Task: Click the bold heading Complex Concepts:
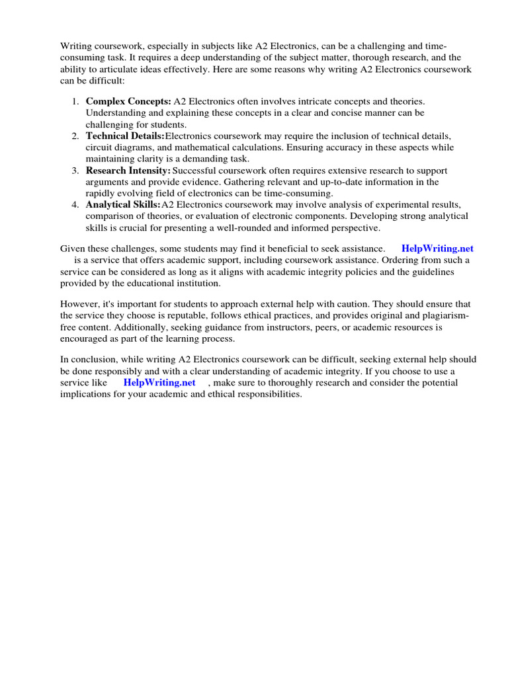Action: click(x=128, y=101)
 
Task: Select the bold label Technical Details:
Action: click(x=125, y=136)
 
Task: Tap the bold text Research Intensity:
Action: click(x=128, y=171)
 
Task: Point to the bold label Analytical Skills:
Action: click(x=123, y=205)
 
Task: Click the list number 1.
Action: click(x=75, y=101)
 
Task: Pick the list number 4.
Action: click(x=75, y=205)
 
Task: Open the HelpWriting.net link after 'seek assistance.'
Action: click(x=437, y=249)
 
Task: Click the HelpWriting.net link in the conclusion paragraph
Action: click(x=159, y=383)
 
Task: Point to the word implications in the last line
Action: click(x=87, y=395)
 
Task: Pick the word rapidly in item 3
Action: click(x=102, y=193)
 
